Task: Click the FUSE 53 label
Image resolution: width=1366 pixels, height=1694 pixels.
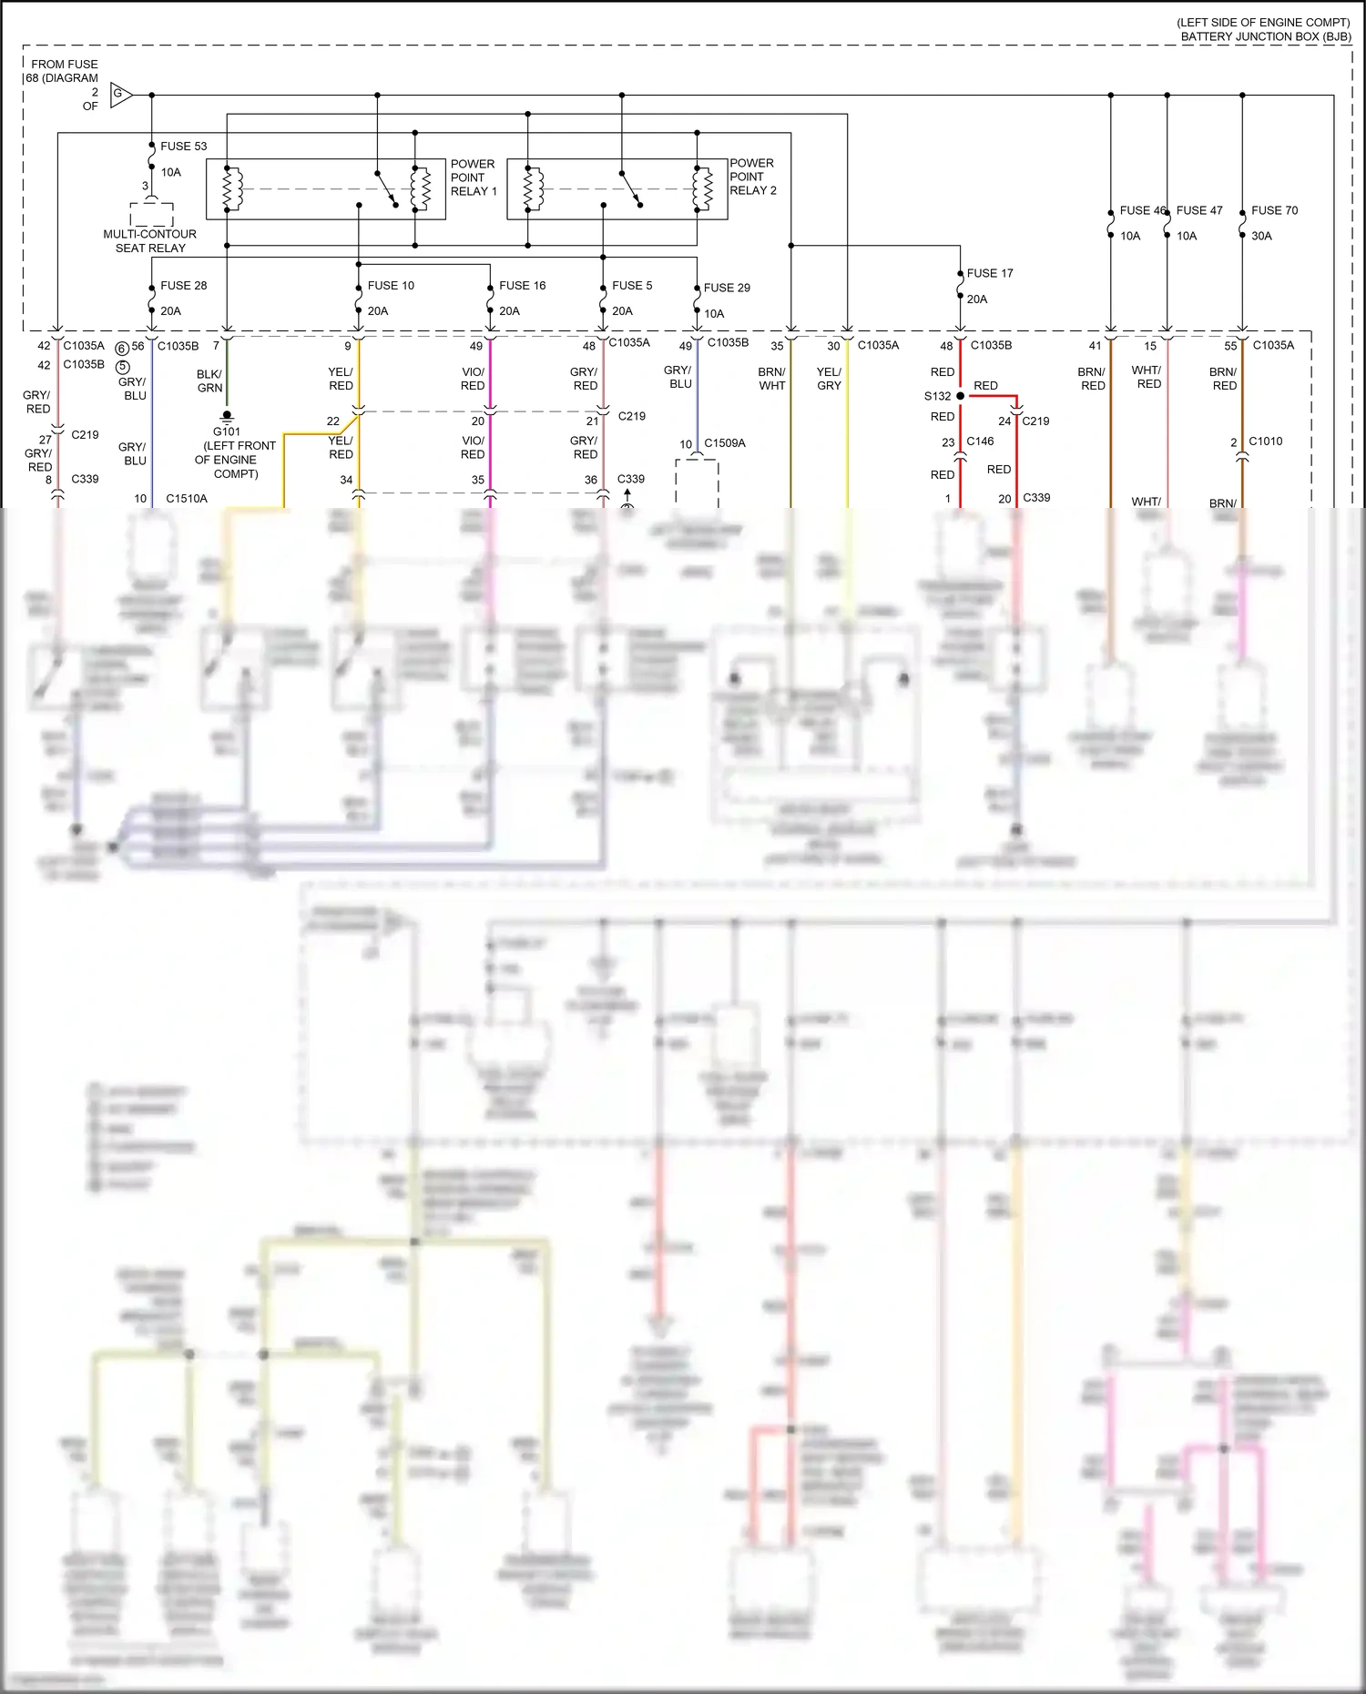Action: coord(183,146)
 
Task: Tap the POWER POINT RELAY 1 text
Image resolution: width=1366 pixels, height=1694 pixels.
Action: coord(474,178)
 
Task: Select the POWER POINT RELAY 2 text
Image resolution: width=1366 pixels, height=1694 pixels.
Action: coord(752,177)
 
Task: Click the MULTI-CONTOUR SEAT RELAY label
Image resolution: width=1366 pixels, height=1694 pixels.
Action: coord(150,240)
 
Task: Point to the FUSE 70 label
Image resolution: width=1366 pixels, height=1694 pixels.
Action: coord(1274,210)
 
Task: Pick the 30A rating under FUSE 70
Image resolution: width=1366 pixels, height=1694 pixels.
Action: coord(1261,236)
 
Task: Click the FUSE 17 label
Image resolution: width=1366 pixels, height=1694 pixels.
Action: coord(989,273)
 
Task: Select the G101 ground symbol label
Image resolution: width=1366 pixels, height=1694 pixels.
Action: coord(227,431)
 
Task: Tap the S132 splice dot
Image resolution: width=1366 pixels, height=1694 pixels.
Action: coord(960,396)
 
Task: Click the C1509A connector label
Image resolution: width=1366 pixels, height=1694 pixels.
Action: coord(724,443)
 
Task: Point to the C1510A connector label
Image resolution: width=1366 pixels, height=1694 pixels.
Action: coord(187,499)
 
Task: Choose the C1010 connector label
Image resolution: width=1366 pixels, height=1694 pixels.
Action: coord(1265,441)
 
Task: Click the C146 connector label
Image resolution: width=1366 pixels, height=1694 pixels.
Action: coord(980,441)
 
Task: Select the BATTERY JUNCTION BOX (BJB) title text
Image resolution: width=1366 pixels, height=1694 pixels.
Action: coord(1265,36)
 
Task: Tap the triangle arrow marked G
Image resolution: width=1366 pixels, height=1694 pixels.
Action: coord(120,94)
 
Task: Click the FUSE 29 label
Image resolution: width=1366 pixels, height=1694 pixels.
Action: coord(727,288)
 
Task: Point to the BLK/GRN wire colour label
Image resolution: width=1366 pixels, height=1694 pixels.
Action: coord(209,380)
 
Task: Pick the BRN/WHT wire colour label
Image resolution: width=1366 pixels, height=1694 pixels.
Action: coord(771,379)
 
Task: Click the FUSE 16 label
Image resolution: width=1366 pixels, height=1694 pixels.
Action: coord(522,286)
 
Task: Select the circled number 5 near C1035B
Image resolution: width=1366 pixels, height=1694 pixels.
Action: coord(123,367)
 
